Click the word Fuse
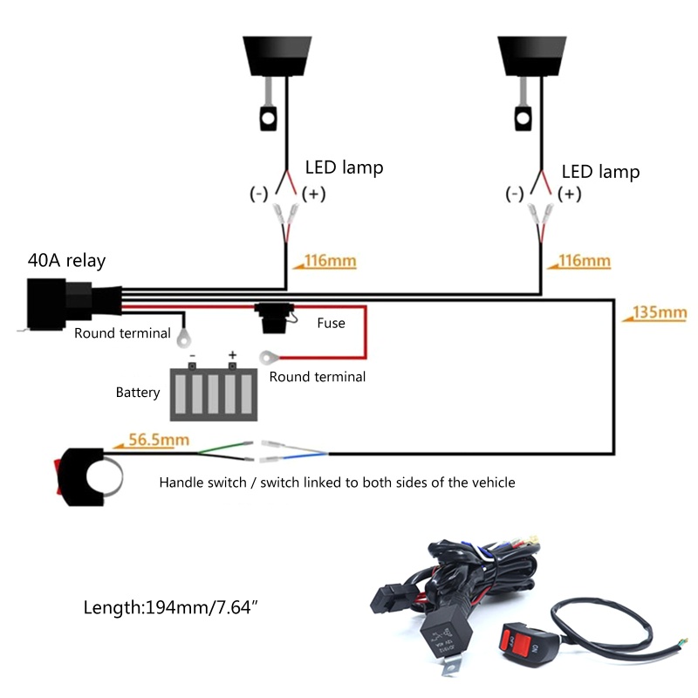(x=331, y=323)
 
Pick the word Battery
(x=138, y=393)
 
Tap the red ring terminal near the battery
(x=268, y=356)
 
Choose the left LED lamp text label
(x=344, y=168)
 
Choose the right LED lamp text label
(x=600, y=172)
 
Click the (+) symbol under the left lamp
(x=313, y=195)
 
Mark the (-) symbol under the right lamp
(x=516, y=194)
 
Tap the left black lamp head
(x=276, y=54)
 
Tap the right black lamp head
(x=533, y=54)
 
